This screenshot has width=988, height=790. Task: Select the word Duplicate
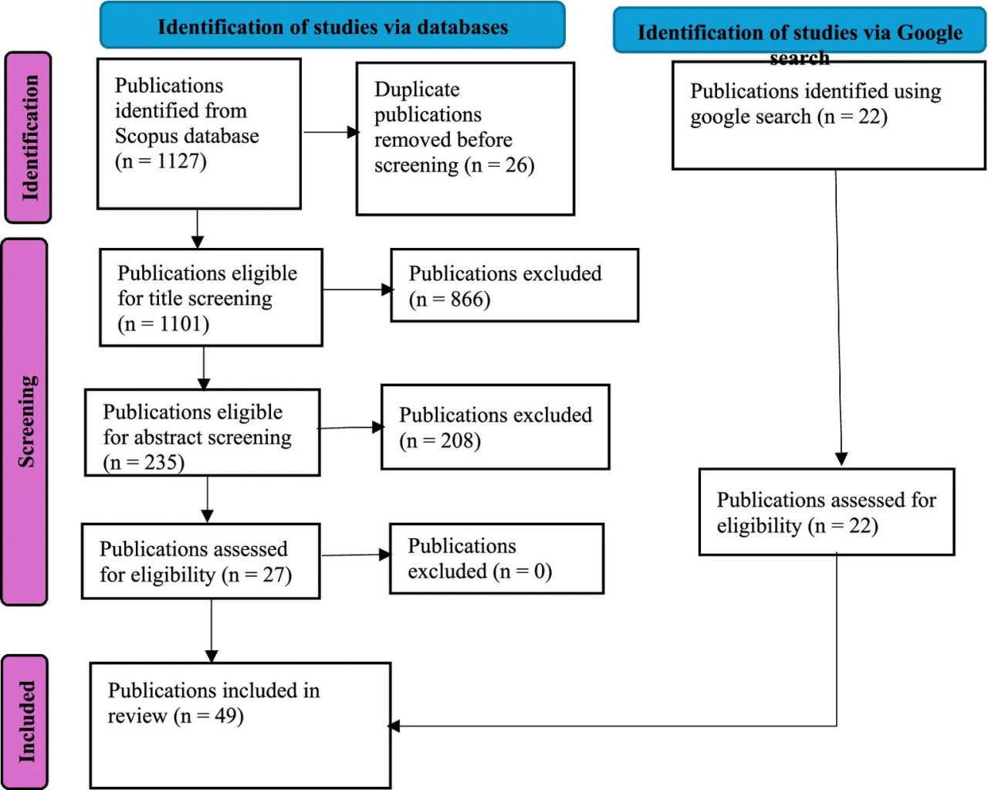(417, 90)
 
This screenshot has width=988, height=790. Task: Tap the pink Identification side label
(29, 137)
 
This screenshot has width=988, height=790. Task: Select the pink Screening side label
(25, 422)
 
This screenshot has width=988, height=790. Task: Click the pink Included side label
(25, 721)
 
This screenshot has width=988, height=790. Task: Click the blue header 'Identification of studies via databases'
(333, 25)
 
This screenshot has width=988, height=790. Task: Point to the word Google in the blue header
(929, 33)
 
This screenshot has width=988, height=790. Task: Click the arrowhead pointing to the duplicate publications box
(353, 132)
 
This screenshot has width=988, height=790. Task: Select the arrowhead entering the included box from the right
(394, 726)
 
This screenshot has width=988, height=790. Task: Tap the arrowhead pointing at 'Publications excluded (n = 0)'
(384, 554)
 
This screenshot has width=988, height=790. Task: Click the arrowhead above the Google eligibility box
(841, 459)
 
